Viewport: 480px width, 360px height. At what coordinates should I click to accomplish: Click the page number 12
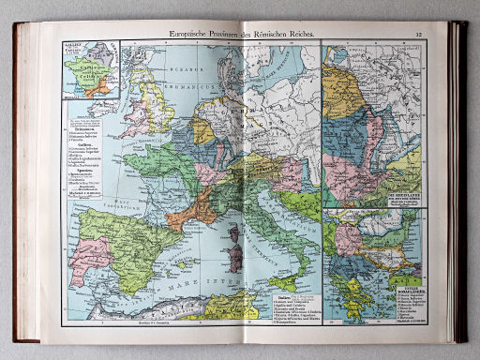click(x=419, y=35)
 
